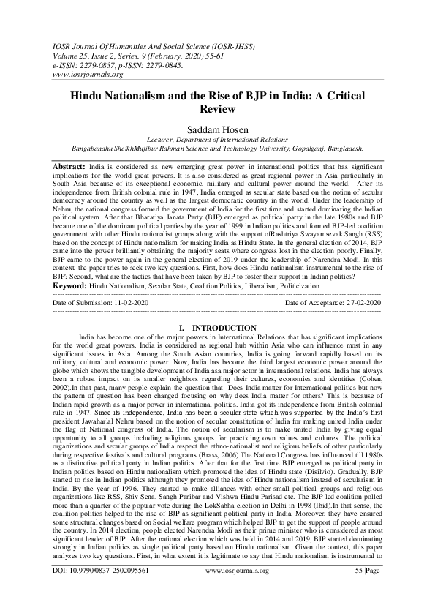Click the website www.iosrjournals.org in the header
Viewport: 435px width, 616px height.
tap(87, 74)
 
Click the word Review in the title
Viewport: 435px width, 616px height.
tap(217, 110)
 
